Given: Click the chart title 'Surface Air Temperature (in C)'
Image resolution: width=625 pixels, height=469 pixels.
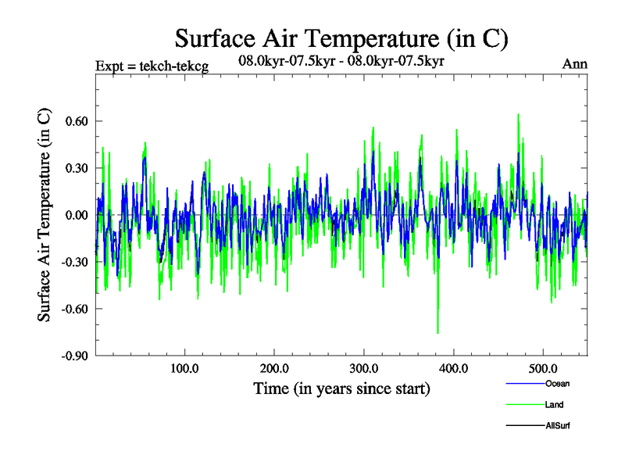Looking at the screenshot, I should point(342,38).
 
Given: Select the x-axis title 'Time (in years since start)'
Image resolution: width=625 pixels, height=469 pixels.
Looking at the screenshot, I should point(341,388).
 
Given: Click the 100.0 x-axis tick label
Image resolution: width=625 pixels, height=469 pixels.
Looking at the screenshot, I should point(184,368).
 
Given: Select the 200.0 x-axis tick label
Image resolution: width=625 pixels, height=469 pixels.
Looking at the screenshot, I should point(273,368).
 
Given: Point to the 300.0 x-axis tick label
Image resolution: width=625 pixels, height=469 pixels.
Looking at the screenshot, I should point(363,368).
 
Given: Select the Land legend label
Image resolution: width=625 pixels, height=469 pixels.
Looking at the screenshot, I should point(554,405).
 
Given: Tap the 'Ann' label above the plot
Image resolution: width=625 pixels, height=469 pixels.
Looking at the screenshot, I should point(574,64).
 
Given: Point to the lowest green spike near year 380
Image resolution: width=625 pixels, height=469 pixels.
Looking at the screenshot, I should point(437,333).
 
